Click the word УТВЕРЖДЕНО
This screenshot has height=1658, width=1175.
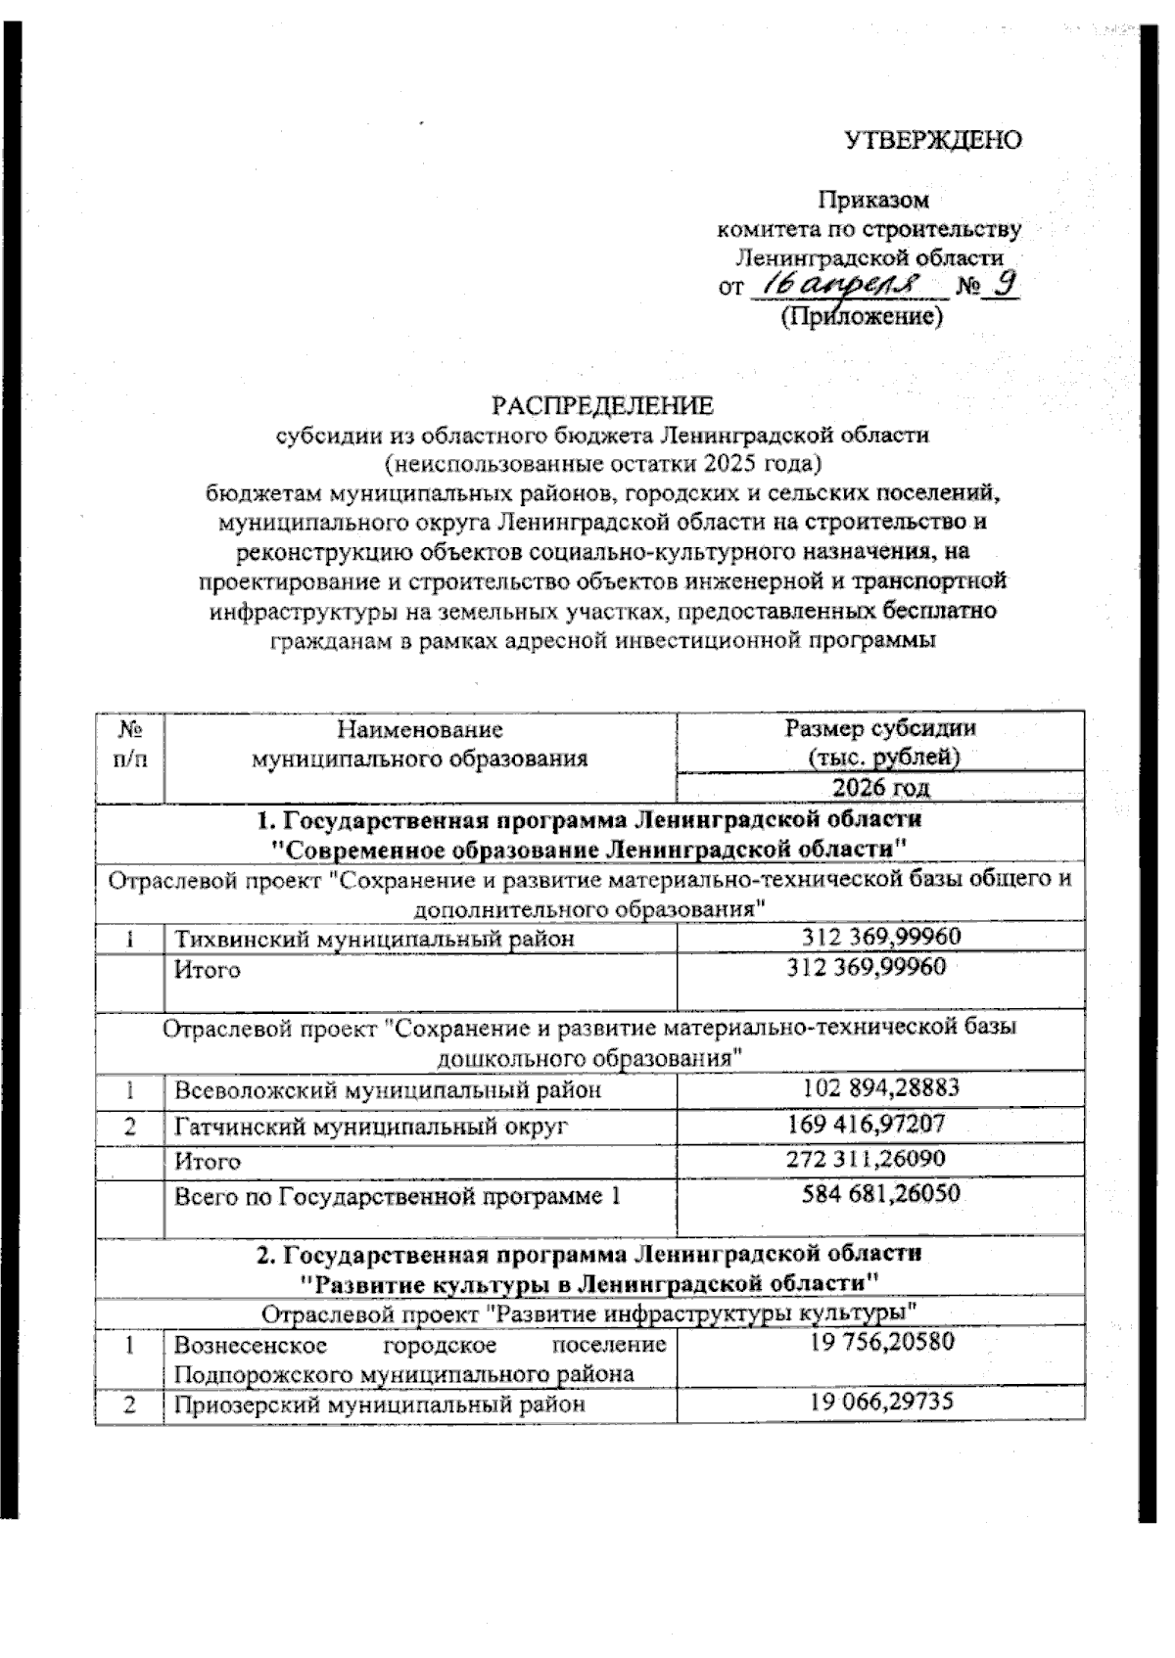[933, 140]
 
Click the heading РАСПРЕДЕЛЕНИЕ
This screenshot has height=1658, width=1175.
[602, 405]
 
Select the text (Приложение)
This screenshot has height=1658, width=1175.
[861, 316]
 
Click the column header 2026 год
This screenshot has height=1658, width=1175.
[880, 787]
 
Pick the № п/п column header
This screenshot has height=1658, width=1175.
[129, 743]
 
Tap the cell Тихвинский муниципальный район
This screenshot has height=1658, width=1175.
[373, 939]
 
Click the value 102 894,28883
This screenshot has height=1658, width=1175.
[880, 1087]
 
